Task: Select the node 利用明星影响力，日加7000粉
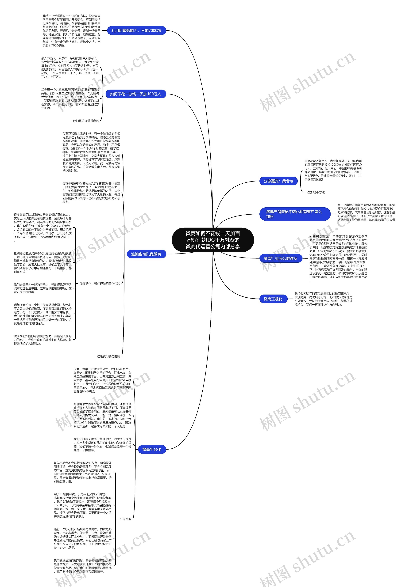point(136,31)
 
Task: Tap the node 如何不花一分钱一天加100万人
point(136,94)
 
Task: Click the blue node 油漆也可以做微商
point(146,254)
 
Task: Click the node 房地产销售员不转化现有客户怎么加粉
point(294,214)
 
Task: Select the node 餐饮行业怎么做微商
point(280,258)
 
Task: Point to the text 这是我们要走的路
point(108,356)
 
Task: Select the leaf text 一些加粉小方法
point(314,192)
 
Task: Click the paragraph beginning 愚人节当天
point(70,68)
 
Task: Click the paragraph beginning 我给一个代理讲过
point(71,31)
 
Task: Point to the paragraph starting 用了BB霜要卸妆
point(83,505)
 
